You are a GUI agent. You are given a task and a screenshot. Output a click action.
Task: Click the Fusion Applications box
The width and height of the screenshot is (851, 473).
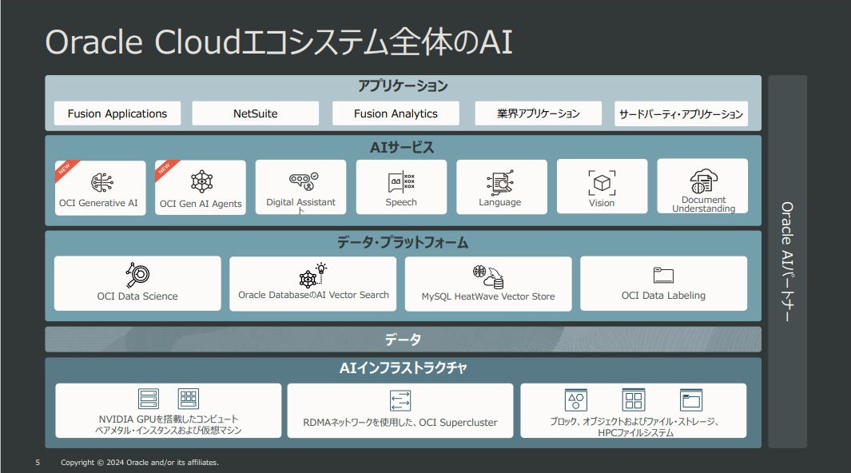coord(117,113)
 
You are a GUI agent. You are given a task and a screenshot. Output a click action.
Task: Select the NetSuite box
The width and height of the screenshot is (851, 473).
coord(255,113)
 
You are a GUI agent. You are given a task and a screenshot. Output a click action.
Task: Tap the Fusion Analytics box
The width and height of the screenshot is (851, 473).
coord(396,113)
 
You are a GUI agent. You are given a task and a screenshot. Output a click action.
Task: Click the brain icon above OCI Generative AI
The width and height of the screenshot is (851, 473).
coord(102,182)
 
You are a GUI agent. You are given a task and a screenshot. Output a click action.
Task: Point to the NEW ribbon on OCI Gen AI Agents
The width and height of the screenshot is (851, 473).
coord(165,169)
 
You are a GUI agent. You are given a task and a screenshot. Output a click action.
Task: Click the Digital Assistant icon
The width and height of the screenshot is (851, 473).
coord(304,181)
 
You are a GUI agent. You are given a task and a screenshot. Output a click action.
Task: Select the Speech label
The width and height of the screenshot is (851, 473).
coord(401,202)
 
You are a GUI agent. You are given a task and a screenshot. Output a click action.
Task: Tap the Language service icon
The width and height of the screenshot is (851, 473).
coord(500,183)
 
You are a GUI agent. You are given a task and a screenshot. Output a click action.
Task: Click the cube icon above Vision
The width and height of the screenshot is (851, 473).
coord(602,183)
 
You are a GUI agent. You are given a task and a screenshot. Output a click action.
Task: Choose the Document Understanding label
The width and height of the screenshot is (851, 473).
coord(703,204)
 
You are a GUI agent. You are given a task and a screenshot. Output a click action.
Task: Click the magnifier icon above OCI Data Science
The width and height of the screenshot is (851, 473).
coord(137,275)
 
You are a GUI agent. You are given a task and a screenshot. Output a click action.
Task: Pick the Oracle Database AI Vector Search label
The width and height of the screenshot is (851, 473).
coord(313,295)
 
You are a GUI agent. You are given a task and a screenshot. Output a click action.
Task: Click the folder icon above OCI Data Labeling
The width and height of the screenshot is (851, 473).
coord(663,275)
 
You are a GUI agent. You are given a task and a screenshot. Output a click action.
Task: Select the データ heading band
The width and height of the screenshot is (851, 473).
coord(403,340)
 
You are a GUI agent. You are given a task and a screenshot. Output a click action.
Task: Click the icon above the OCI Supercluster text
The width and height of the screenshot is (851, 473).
coord(400,401)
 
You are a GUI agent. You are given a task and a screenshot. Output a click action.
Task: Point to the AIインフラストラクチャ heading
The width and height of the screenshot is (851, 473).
coord(403,368)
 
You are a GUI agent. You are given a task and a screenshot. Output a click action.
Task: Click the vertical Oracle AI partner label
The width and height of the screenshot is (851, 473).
coord(787,261)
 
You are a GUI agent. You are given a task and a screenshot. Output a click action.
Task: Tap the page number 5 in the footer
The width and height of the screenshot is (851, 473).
coord(38,463)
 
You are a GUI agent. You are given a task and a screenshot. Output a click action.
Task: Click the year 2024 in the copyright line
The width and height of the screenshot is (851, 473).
coord(115,463)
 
